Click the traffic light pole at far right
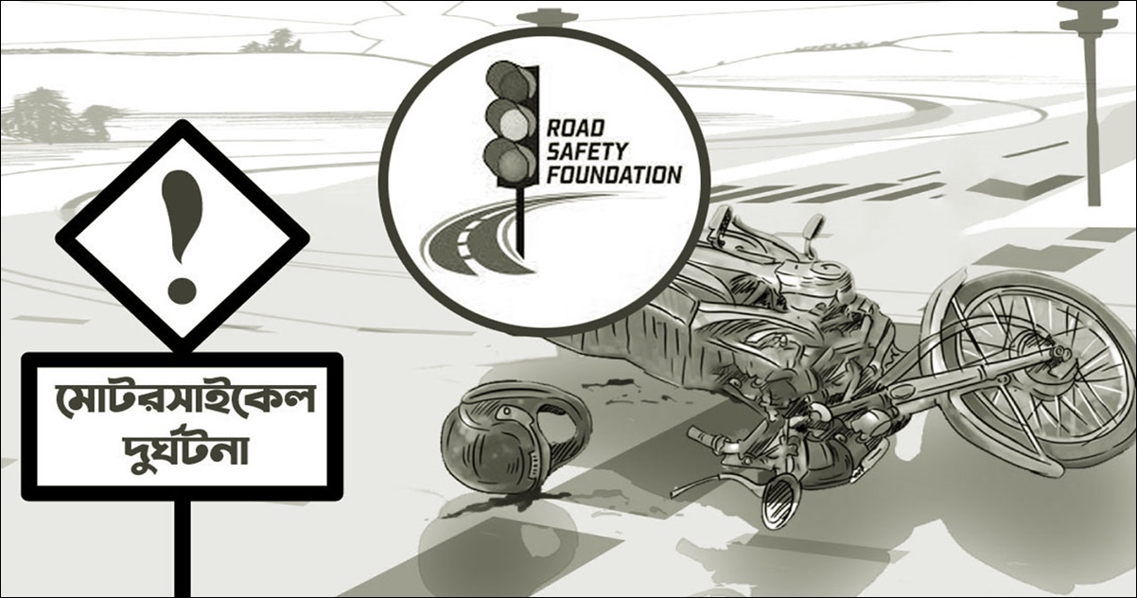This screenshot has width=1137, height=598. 1093,114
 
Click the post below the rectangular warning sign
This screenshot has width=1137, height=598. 183,544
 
